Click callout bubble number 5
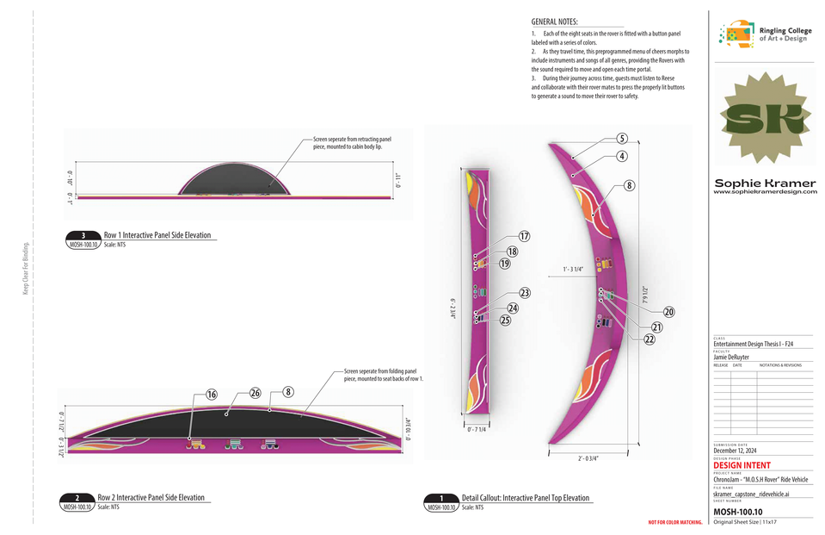click(622, 138)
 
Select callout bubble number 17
click(524, 236)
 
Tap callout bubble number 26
click(255, 393)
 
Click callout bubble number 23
click(525, 293)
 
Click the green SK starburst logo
click(763, 120)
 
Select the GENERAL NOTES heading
click(555, 22)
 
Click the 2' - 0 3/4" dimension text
click(583, 458)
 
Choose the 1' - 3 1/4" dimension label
click(573, 269)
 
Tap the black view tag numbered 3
click(83, 235)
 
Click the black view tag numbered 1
click(442, 498)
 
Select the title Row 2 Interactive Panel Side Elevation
click(151, 498)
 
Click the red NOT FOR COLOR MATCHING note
click(675, 523)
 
